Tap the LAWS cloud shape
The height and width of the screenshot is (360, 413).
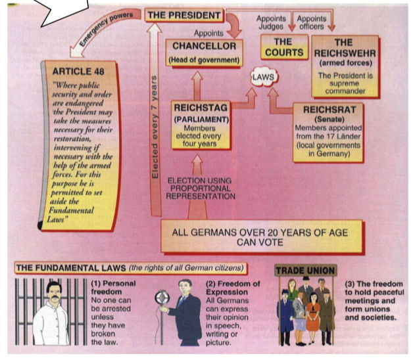coord(262,78)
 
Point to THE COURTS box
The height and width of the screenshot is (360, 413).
coord(283,51)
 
